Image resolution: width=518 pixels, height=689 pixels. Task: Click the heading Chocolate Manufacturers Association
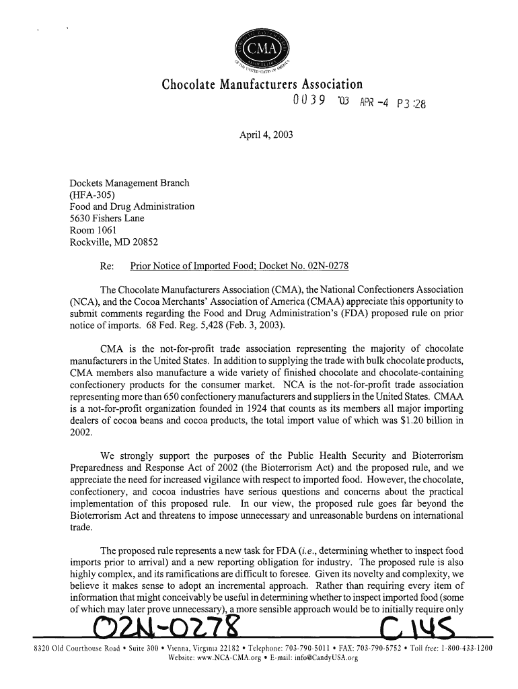[x=262, y=85]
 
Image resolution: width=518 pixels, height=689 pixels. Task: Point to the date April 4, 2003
[x=266, y=135]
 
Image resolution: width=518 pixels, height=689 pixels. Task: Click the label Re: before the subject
[x=106, y=265]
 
